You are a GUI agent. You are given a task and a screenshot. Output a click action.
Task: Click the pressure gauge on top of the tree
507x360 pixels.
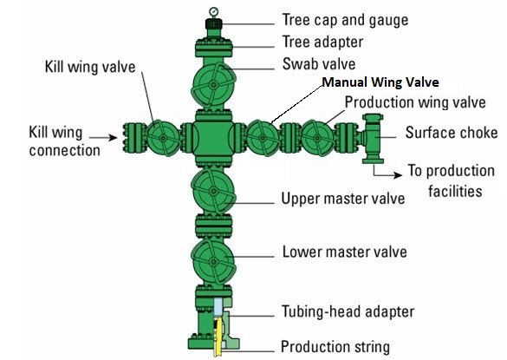[x=213, y=12]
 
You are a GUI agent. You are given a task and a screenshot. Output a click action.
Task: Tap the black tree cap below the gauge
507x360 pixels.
[x=214, y=23]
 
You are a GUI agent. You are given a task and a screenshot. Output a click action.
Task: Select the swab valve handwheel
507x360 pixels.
[x=214, y=85]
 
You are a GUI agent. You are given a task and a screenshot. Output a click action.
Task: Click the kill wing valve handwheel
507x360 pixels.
[x=163, y=138]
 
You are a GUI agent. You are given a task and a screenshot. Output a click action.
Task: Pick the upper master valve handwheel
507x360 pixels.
[x=213, y=191]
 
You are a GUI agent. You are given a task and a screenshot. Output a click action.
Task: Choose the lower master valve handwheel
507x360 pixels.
[x=213, y=261]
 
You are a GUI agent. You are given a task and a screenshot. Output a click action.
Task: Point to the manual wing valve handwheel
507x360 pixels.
[x=263, y=138]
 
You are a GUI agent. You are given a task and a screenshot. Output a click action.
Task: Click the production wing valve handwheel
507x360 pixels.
[x=317, y=138]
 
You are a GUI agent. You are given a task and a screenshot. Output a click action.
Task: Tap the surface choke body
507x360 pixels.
[x=373, y=138]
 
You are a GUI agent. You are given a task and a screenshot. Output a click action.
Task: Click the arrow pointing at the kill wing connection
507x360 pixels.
[x=103, y=138]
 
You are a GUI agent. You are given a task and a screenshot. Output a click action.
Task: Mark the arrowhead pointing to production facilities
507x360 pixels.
[x=398, y=175]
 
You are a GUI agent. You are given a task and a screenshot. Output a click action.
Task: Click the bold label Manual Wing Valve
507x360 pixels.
[x=380, y=82]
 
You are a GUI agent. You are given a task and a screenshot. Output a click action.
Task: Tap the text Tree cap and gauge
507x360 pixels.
[x=345, y=20]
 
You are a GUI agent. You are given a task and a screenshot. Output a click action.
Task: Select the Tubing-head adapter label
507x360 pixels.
[x=348, y=311]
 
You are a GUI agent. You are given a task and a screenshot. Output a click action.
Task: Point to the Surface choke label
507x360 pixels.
[x=452, y=133]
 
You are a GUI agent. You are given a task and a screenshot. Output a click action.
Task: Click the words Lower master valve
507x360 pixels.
[x=345, y=252]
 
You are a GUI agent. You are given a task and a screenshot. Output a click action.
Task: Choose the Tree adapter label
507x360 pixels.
[x=322, y=42]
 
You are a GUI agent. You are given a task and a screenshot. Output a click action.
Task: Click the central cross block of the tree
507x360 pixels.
[x=213, y=138]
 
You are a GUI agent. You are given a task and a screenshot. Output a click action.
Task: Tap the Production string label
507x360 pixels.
[x=335, y=347]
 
